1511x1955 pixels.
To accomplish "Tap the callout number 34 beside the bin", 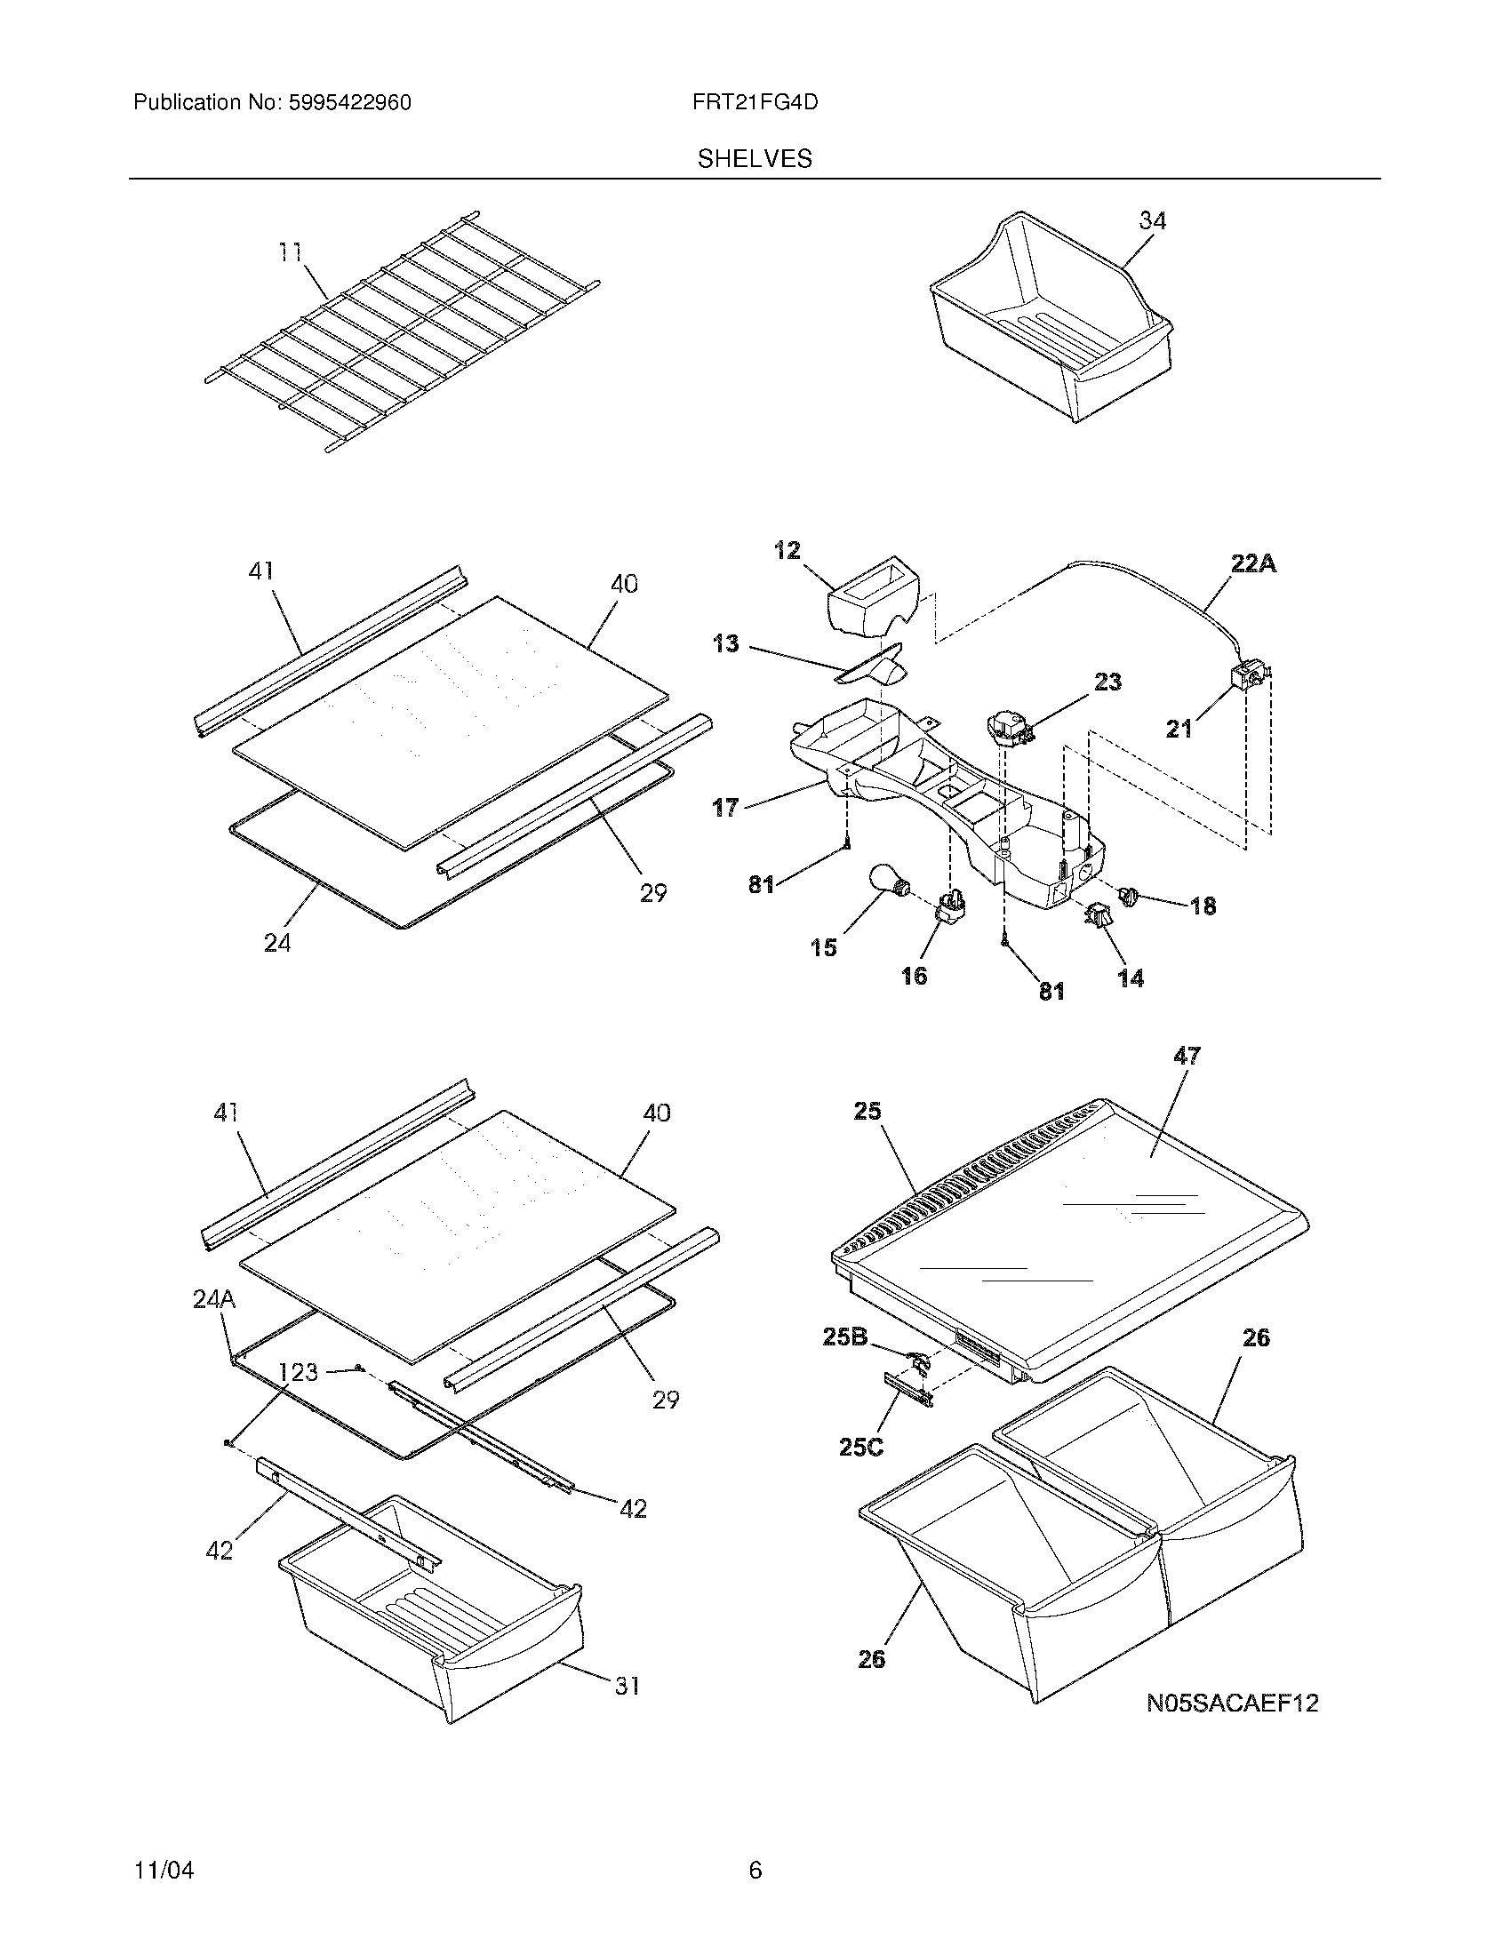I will coord(1152,220).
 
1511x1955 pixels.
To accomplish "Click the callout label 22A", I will coord(1253,563).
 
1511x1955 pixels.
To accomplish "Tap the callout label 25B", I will coord(845,1337).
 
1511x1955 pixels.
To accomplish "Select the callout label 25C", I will coord(861,1447).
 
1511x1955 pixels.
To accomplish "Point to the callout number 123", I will coord(298,1371).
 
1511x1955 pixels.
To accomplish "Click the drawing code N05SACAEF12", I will coord(1233,1703).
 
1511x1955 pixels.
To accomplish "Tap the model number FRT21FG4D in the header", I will coord(755,103).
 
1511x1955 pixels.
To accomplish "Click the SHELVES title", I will coord(755,159).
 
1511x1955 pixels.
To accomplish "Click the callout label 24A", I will coord(214,1299).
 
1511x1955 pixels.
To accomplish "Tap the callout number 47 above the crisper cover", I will coord(1187,1057).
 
